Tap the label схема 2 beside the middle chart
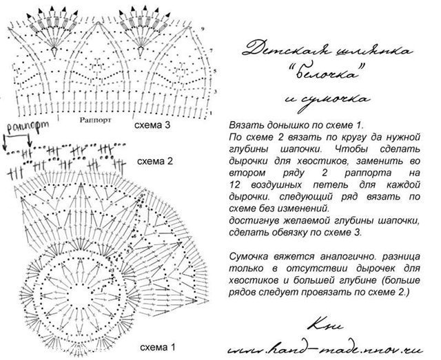click(x=154, y=162)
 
